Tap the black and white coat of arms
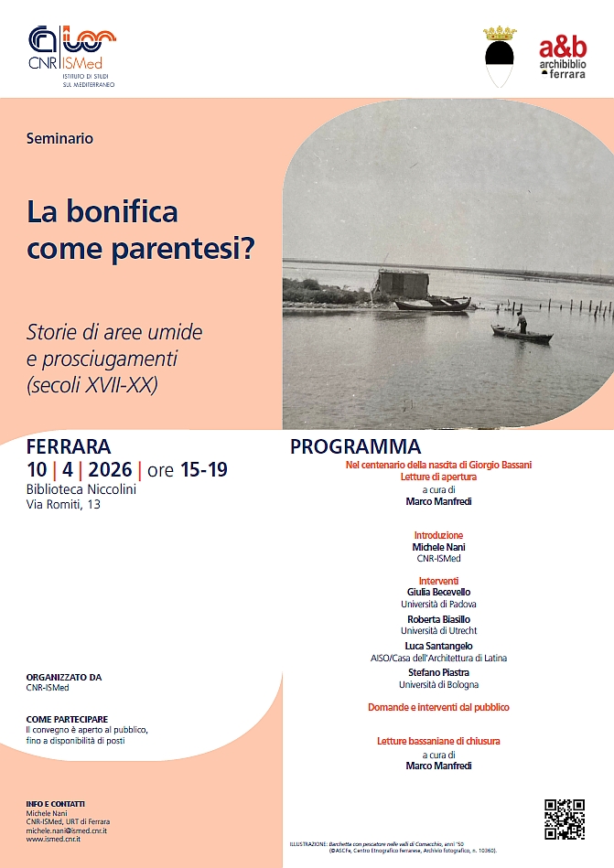pyautogui.click(x=500, y=57)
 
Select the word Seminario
pyautogui.click(x=60, y=139)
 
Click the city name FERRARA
pyautogui.click(x=69, y=447)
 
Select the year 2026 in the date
pyautogui.click(x=111, y=470)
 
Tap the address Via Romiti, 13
pyautogui.click(x=63, y=504)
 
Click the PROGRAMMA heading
pyautogui.click(x=355, y=447)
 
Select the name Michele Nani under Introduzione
pyautogui.click(x=438, y=546)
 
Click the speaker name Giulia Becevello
pyautogui.click(x=438, y=593)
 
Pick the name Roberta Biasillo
pyautogui.click(x=438, y=619)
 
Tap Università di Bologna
pyautogui.click(x=438, y=684)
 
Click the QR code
pyautogui.click(x=564, y=819)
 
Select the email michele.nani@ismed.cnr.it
pyautogui.click(x=67, y=829)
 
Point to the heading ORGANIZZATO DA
pyautogui.click(x=64, y=678)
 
